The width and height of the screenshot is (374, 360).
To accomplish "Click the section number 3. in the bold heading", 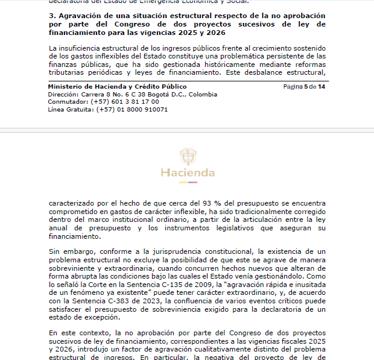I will [x=52, y=15].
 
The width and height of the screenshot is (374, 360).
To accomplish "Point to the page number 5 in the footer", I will [x=306, y=87].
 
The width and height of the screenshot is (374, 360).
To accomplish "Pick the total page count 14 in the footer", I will [x=322, y=87].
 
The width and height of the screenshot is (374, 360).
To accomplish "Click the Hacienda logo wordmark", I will [x=188, y=173].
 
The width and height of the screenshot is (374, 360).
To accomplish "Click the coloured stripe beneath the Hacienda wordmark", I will [x=188, y=182].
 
